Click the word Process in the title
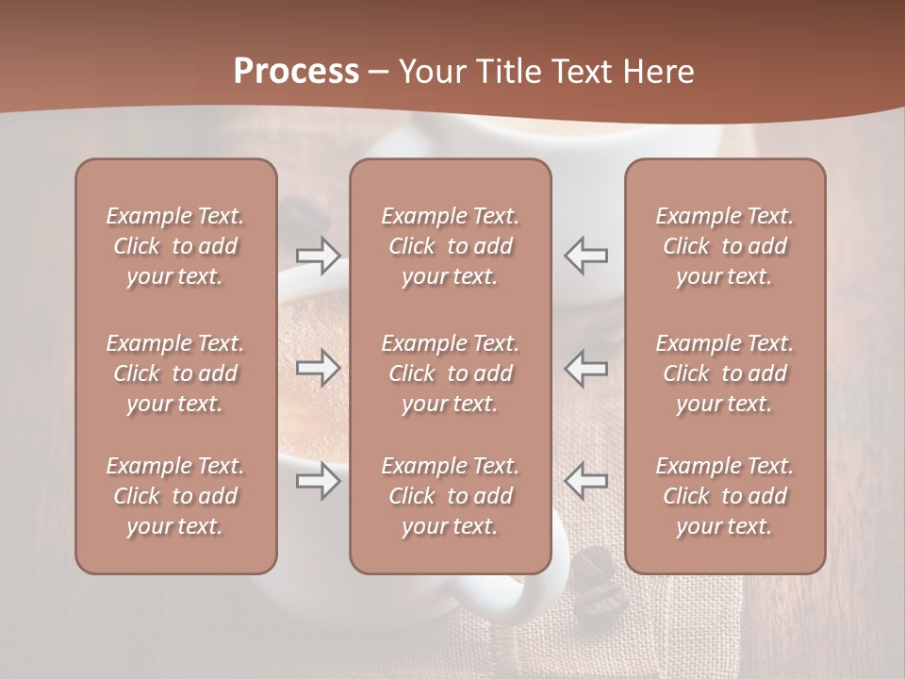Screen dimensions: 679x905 (296, 72)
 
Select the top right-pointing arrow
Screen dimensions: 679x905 (319, 255)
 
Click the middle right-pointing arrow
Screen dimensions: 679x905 (319, 368)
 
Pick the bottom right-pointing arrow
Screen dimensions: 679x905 (319, 481)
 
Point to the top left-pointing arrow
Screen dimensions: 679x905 (586, 255)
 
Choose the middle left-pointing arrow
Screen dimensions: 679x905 (586, 368)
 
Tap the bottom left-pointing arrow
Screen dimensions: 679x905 (586, 481)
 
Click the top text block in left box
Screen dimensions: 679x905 (175, 246)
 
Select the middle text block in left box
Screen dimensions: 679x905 (175, 373)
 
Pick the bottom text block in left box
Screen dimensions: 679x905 (175, 496)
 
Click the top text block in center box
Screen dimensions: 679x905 (451, 246)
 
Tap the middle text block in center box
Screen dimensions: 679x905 (451, 373)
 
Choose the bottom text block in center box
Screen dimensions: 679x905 (451, 496)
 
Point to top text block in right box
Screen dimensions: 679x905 (725, 246)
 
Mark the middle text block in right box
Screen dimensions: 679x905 (725, 373)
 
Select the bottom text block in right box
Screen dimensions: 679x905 (725, 496)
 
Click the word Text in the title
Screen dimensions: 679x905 (584, 72)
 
